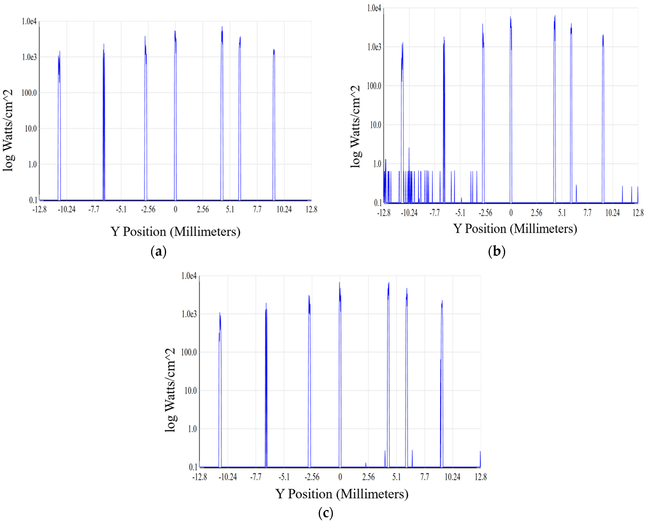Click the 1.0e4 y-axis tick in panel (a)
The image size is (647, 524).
coord(29,21)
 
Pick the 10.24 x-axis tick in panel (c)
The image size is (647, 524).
coord(452,477)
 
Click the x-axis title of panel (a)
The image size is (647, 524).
coord(175,232)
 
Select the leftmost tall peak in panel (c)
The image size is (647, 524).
coord(220,314)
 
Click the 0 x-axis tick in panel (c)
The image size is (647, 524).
coord(340,477)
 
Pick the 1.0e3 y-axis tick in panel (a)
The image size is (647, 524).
coord(29,57)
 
